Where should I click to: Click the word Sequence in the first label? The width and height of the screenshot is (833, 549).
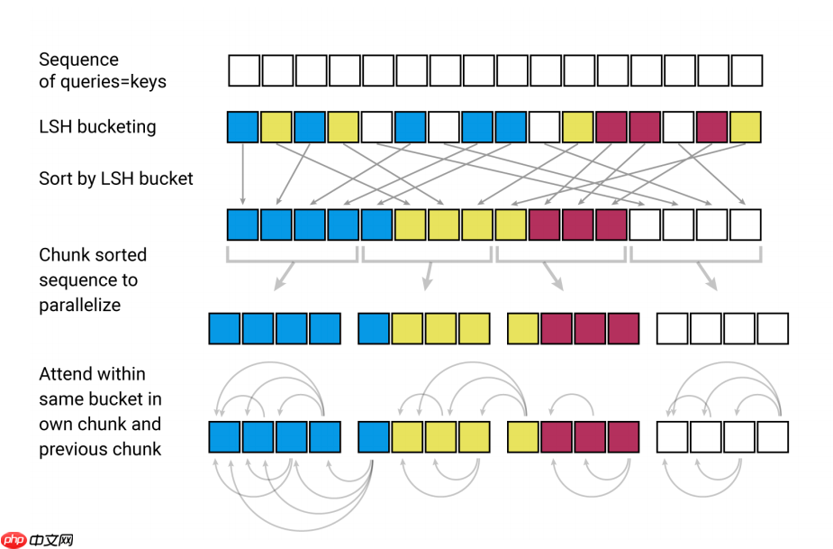[x=78, y=59]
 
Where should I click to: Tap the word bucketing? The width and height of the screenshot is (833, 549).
[x=115, y=127]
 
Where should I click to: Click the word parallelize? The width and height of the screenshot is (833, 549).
[x=79, y=305]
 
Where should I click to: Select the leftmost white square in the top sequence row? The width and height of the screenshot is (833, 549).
[x=244, y=70]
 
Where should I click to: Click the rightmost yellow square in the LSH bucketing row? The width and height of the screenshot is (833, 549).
[x=746, y=127]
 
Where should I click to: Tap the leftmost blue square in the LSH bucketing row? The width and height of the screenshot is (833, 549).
[x=243, y=127]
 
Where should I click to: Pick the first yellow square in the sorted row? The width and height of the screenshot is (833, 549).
[x=411, y=224]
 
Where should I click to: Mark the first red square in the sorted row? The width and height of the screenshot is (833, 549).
[x=545, y=224]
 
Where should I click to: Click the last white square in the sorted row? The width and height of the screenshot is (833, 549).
[x=746, y=224]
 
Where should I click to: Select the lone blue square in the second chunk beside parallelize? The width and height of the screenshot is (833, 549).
[x=374, y=329]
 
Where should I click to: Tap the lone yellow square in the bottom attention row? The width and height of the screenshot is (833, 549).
[x=523, y=436]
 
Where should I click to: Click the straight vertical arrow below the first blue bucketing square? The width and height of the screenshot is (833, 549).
[x=243, y=174]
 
